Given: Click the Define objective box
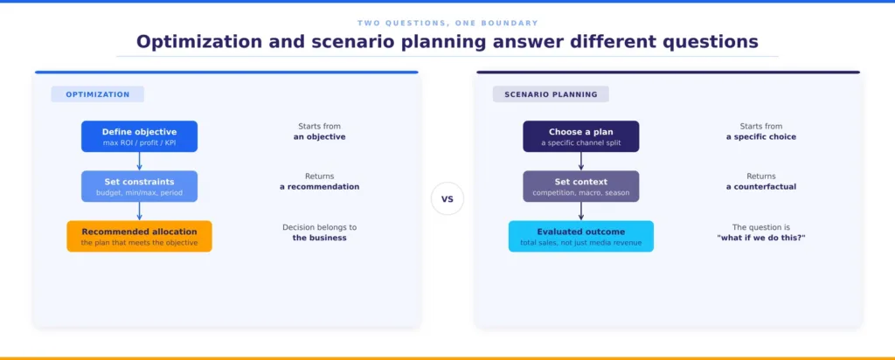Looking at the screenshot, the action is coord(139,136).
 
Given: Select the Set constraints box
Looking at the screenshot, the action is coord(139,186).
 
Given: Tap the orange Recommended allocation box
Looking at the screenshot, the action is coord(139,236).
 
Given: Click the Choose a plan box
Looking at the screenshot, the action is coord(581,136).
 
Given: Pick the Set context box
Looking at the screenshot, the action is coord(581,186).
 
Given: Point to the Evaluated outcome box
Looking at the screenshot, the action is coord(581,236).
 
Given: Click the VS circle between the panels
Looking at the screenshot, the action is coord(447,199).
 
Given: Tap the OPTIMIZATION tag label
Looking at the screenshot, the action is coord(98,94).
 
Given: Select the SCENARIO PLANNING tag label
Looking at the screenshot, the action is coord(551,94).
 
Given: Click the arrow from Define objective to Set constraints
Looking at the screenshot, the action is coord(139,162).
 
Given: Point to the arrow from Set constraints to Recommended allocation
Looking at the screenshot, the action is coord(139,211).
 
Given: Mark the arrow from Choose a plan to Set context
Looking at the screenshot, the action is coord(581,162).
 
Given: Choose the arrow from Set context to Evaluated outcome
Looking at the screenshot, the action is coord(581,211).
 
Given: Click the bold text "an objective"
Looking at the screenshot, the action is coord(320,137).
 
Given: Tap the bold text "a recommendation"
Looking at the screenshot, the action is coord(320,187).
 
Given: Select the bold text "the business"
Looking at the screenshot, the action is coord(320,238).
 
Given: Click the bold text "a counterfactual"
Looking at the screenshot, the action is coord(761,187).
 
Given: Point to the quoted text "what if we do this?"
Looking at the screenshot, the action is coord(761,238).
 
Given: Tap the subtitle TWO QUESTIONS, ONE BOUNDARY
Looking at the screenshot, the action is coord(447,23).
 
